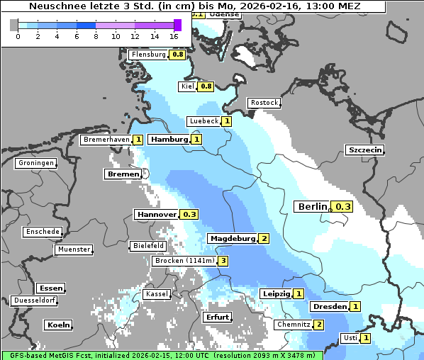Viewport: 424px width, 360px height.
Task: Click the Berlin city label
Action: pos(313,207)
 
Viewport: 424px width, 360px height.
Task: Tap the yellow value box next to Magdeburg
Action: pos(264,239)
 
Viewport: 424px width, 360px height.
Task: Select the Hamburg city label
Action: pos(169,140)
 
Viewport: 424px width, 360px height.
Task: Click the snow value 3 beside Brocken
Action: pos(223,261)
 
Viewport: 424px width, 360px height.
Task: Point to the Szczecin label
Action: pos(365,150)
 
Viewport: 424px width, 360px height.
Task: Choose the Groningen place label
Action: pos(36,163)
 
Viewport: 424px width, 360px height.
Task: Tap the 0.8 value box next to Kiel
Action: pos(206,86)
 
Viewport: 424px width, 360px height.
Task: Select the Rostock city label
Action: pos(264,103)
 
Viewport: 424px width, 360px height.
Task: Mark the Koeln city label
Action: pos(58,325)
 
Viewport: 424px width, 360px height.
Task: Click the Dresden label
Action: pos(329,307)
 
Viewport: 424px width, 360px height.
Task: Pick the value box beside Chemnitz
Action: pos(319,325)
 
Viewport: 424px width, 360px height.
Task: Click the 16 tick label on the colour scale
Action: pos(174,35)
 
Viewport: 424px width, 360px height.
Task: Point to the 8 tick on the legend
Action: pos(96,35)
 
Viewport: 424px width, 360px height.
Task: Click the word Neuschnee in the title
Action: pos(54,6)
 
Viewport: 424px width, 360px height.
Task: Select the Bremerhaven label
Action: pos(106,140)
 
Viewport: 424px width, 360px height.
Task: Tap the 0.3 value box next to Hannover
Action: pos(189,214)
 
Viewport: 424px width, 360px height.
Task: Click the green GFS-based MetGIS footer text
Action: pos(162,355)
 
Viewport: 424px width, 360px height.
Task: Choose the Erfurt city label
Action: pos(217,317)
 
